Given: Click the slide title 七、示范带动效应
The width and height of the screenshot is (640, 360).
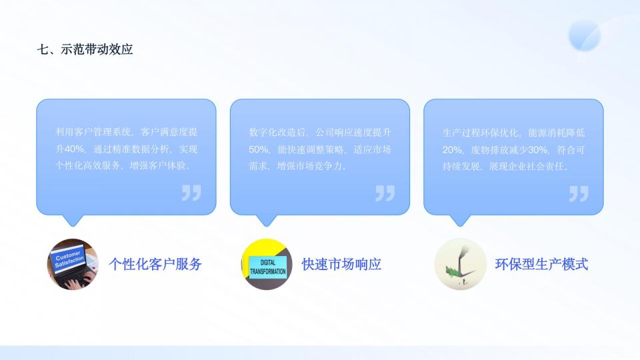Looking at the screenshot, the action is coord(85,49).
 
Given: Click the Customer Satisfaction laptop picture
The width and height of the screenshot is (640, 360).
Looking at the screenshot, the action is coord(73,264).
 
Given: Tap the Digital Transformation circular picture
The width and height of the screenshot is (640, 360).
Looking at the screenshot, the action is coord(267,264).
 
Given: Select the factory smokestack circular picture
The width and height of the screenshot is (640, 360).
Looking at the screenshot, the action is coord(460,264).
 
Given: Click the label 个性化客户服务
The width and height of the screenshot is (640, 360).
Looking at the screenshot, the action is coord(155,264).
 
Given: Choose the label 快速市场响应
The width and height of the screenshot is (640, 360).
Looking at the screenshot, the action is coord(341,264).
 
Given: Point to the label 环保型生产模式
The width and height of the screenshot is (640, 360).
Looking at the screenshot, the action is coord(541,264).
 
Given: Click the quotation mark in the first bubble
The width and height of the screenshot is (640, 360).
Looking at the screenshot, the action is coord(191,193).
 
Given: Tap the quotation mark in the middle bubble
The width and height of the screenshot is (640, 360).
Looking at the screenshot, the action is coord(385,193).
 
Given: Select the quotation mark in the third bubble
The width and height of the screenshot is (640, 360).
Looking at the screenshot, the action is coord(579,193).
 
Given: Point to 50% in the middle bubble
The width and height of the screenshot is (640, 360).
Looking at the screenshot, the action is coord(259,150).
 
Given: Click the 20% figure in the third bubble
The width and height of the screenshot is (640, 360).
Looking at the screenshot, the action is coord(452,150).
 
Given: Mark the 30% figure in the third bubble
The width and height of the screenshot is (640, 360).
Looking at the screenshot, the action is coord(538,150).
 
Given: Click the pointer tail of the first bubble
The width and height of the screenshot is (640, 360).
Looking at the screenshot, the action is coord(73,221).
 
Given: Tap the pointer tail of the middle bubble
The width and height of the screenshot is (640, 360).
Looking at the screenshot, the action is coord(267,221).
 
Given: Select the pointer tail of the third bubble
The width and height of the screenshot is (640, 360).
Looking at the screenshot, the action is coord(460,221).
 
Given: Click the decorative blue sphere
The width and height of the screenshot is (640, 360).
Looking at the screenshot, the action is coord(585,35).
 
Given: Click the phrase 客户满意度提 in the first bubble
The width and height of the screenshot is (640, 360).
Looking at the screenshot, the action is coord(169,132).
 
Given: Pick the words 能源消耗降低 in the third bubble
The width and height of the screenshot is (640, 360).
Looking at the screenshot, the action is coord(556,133).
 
